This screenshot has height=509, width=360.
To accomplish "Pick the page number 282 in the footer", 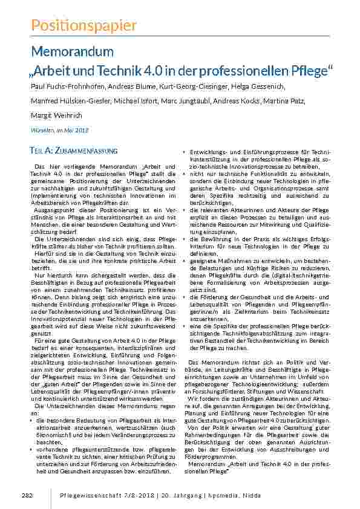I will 27,495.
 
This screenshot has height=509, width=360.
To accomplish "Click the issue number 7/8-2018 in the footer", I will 141,495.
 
